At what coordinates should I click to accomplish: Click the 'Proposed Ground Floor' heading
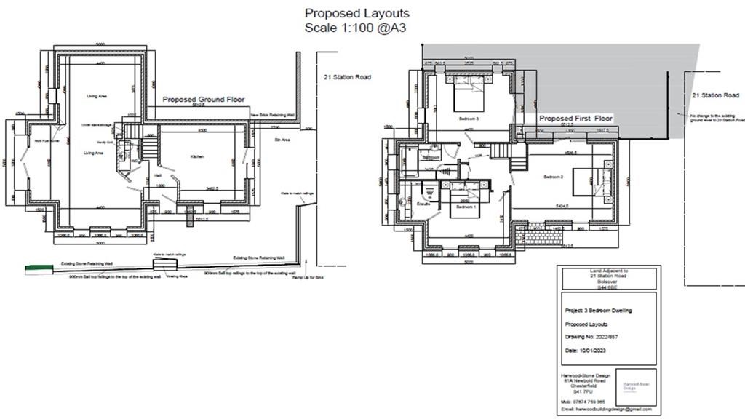point(203,100)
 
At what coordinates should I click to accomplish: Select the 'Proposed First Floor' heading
point(575,118)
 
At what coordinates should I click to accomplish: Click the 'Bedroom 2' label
point(554,177)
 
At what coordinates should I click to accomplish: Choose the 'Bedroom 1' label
point(466,207)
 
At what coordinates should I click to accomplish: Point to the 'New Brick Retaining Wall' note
point(274,116)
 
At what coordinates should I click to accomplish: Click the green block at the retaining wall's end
point(33,269)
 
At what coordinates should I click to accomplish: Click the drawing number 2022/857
point(591,337)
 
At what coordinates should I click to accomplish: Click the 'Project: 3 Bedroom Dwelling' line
point(599,310)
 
